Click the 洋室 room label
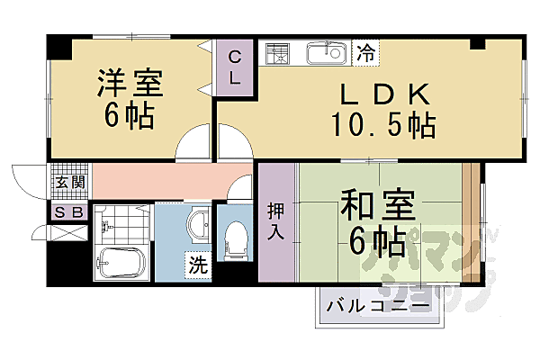click(x=130, y=83)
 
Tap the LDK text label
click(x=377, y=94)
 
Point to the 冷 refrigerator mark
click(x=366, y=53)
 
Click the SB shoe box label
click(x=69, y=213)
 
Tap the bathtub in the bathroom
click(x=121, y=264)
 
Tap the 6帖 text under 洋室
click(x=130, y=114)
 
